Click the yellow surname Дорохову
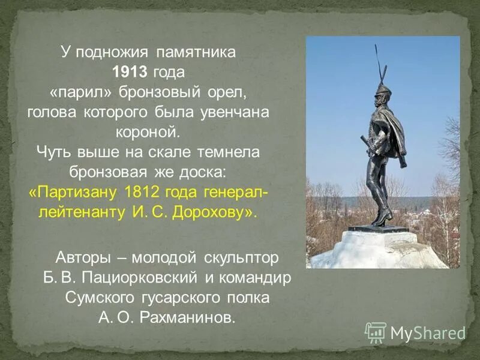point(211,213)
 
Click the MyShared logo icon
point(375,332)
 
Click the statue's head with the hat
point(383,94)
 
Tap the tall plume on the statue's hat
point(379,63)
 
